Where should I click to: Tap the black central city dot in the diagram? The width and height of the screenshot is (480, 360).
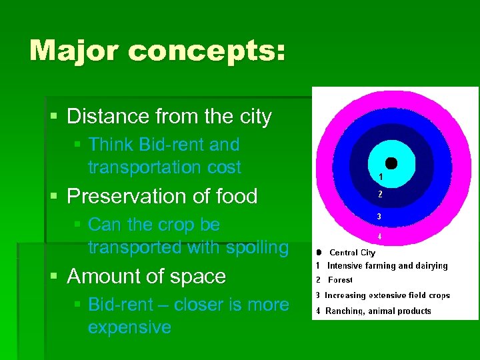[x=391, y=163]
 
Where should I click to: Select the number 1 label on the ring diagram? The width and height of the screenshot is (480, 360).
[x=380, y=177]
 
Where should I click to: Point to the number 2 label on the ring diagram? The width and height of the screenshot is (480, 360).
[x=380, y=195]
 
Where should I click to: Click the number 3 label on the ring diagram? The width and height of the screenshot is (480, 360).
[x=380, y=217]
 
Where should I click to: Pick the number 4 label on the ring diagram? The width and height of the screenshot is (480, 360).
[x=380, y=236]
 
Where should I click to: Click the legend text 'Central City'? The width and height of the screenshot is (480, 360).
[x=352, y=253]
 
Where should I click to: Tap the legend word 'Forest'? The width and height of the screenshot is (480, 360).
[x=340, y=281]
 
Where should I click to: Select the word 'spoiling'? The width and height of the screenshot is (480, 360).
[x=257, y=247]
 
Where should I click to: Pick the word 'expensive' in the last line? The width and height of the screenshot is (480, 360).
[x=129, y=327]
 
